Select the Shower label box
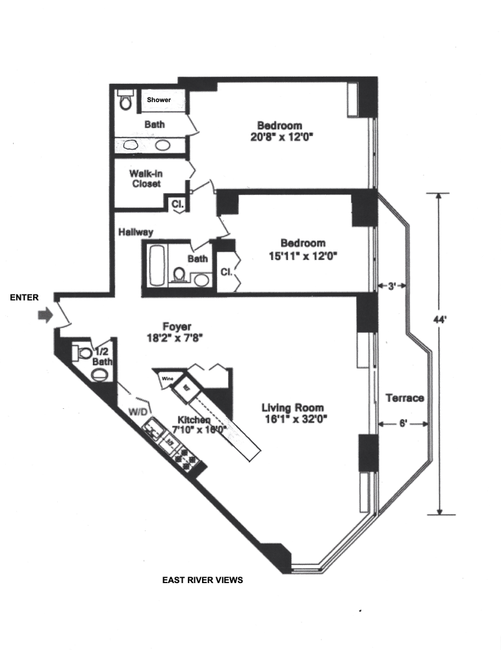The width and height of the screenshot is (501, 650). click(x=159, y=100)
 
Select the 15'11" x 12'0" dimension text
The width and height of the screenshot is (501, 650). click(x=303, y=255)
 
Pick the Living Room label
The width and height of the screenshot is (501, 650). click(x=294, y=408)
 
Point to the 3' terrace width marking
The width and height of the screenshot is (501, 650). click(x=392, y=285)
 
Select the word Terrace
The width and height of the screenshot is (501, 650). click(x=405, y=398)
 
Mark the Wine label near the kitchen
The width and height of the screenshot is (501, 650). click(x=168, y=378)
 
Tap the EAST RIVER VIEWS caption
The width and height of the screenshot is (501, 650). click(x=202, y=580)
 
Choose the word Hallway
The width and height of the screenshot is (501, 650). click(x=135, y=231)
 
